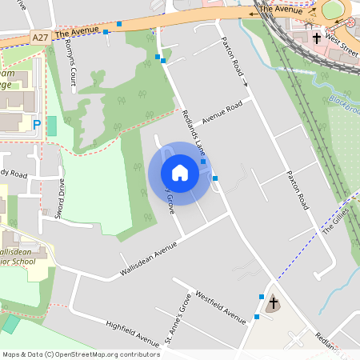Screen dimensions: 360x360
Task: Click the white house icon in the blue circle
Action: pyautogui.click(x=180, y=173)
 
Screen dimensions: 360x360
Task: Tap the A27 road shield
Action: pyautogui.click(x=41, y=37)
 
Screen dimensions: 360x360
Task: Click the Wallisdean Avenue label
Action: pyautogui.click(x=147, y=261)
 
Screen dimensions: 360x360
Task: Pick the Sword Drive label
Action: pyautogui.click(x=60, y=198)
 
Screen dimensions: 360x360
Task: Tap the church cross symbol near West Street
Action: pyautogui.click(x=317, y=37)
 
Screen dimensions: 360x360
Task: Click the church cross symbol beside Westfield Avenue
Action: pyautogui.click(x=274, y=302)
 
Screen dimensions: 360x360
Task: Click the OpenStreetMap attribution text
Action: pyautogui.click(x=81, y=354)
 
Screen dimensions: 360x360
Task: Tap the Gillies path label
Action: pyautogui.click(x=336, y=218)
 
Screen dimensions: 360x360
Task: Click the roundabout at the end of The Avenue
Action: pyautogui.click(x=333, y=10)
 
